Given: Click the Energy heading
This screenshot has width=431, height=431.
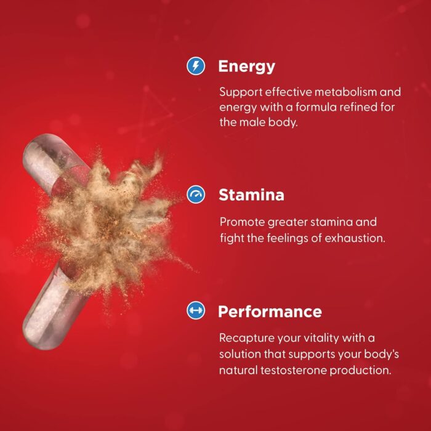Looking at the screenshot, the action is click(x=246, y=66).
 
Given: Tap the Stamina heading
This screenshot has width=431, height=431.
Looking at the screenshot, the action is click(x=251, y=195).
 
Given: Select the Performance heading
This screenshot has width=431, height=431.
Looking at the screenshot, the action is click(x=270, y=312).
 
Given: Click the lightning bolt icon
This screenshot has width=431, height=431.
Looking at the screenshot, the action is click(x=196, y=66).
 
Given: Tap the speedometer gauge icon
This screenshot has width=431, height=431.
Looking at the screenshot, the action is click(x=196, y=195).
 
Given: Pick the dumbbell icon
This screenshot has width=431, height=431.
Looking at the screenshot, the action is click(x=196, y=310).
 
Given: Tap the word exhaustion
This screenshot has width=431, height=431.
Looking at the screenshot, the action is click(x=355, y=238).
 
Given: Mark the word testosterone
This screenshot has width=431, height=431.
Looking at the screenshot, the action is click(x=294, y=370).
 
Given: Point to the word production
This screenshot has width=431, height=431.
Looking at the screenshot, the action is click(x=360, y=371).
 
